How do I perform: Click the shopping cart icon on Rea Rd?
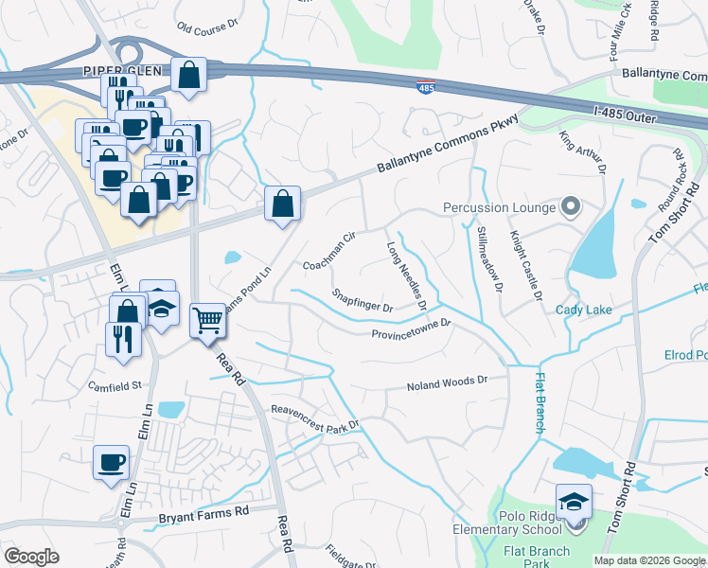[207, 319]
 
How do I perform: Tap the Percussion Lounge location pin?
[570, 205]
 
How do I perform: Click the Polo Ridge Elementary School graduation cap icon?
[574, 500]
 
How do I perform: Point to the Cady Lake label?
[583, 310]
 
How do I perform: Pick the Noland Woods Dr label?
[446, 384]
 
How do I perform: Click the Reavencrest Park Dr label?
[315, 417]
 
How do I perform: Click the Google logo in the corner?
[31, 556]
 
